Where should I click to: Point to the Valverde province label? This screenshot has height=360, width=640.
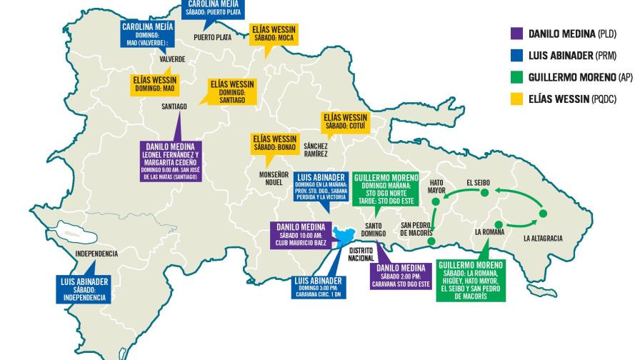click(172, 59)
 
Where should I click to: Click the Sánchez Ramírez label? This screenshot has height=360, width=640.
click(315, 149)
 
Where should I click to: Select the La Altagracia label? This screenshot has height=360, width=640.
click(542, 238)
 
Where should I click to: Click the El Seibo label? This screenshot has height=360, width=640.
click(481, 181)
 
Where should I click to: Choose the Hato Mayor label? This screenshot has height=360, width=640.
click(436, 186)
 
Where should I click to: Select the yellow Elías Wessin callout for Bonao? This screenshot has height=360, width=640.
click(274, 143)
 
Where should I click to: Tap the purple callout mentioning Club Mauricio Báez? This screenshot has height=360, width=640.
click(301, 235)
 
